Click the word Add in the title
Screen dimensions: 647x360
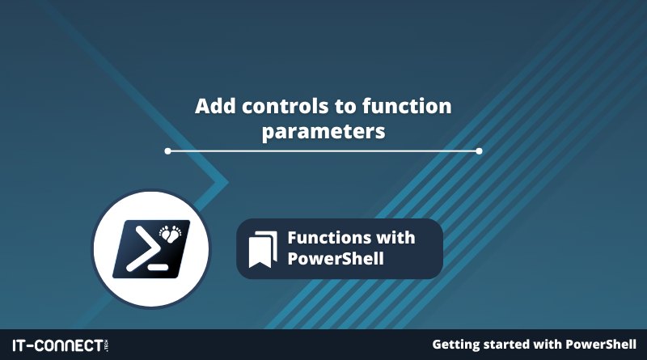215,106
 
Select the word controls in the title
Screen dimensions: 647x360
285,106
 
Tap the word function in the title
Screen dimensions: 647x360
407,106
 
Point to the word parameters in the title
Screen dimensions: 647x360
323,132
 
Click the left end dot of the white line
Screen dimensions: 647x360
167,151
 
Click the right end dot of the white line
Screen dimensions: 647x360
479,151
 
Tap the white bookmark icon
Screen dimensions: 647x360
263,250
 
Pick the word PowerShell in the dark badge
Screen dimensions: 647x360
336,259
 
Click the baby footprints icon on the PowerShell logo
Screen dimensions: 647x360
171,234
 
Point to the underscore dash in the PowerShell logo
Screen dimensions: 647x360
158,267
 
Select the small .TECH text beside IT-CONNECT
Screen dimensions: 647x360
107,345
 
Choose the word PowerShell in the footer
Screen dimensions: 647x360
601,345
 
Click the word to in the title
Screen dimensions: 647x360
345,107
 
